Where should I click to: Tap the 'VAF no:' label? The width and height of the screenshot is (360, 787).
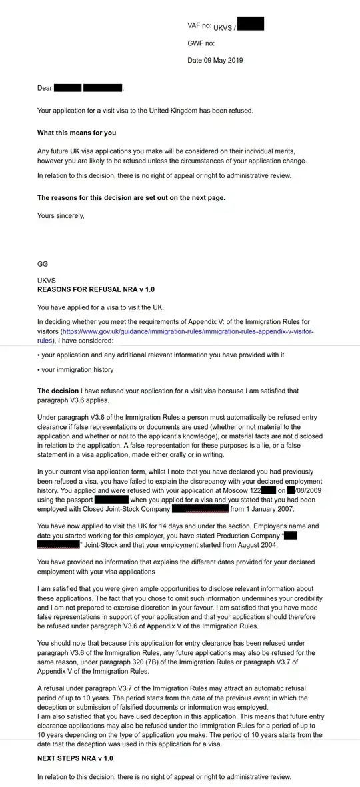199,25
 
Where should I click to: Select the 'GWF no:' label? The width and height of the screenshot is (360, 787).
201,43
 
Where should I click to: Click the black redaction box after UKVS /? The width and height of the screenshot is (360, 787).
251,25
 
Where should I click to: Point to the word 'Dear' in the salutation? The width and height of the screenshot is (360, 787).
44,88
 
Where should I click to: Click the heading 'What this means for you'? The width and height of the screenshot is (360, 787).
77,133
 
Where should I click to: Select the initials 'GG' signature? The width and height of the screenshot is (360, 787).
43,264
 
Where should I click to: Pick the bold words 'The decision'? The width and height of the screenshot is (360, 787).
57,391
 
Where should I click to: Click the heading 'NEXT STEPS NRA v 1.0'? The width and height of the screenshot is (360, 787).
75,758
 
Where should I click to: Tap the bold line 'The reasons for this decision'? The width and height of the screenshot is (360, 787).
131,197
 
